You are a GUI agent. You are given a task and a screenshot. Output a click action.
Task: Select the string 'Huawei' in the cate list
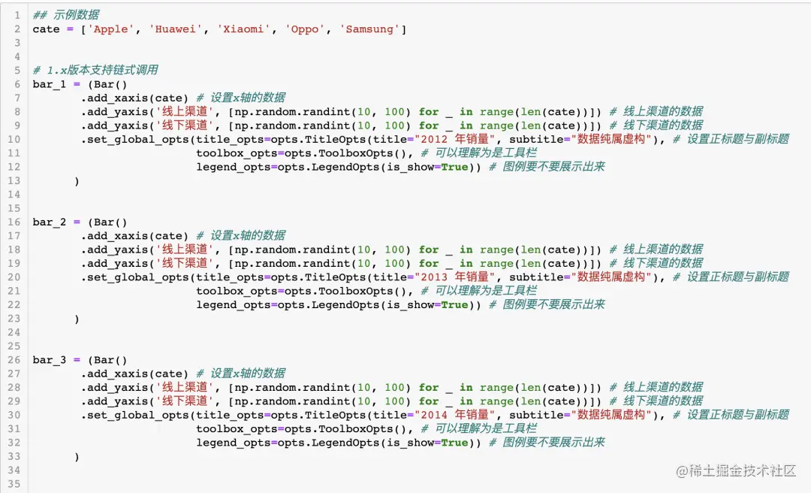click(176, 29)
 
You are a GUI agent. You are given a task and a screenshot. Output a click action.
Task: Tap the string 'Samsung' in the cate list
click(370, 29)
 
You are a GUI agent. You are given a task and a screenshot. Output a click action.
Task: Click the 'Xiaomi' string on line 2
click(243, 29)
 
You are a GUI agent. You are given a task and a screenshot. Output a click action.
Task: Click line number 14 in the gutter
click(15, 195)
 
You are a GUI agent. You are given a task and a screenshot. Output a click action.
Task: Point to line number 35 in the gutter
click(15, 484)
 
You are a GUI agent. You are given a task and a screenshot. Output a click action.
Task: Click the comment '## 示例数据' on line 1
click(65, 15)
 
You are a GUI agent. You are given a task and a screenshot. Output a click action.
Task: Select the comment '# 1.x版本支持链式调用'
click(95, 71)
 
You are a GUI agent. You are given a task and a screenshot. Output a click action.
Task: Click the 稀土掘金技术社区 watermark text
click(736, 471)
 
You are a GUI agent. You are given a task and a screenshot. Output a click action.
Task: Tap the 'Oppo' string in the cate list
click(303, 29)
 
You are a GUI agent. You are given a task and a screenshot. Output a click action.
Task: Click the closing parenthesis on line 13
click(77, 181)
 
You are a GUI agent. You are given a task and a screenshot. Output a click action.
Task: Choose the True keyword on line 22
click(454, 305)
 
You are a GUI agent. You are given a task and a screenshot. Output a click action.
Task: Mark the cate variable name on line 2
click(46, 29)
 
